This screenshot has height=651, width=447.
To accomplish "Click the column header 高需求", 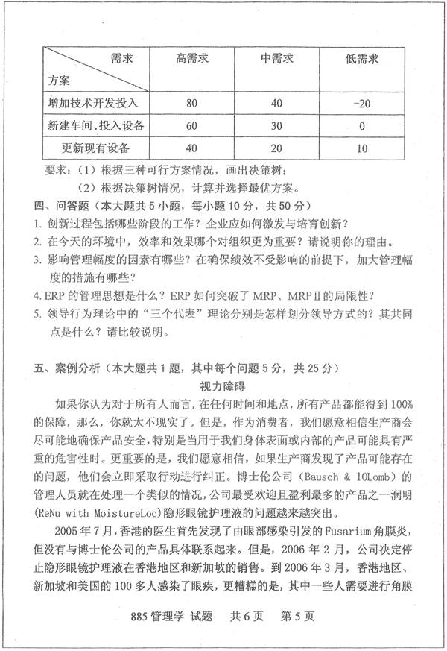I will pyautogui.click(x=191, y=57).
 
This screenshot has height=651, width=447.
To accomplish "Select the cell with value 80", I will pyautogui.click(x=191, y=102).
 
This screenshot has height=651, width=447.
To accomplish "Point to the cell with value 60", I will pyautogui.click(x=191, y=125).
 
